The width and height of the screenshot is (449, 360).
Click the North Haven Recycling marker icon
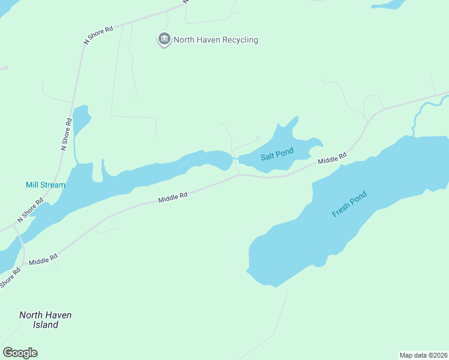click(164, 40)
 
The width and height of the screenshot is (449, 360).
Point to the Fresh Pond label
click(349, 205)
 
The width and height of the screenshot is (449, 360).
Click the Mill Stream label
click(45, 185)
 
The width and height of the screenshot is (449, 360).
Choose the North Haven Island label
click(45, 320)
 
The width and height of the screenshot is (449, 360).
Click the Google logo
click(20, 353)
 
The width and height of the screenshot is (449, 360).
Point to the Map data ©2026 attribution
click(423, 355)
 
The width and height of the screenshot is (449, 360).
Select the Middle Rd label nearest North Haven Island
click(43, 259)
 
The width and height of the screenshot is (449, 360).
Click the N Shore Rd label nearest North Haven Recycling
click(98, 34)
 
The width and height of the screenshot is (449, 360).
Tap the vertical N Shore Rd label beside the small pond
click(66, 134)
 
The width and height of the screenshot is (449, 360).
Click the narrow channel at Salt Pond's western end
click(235, 159)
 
